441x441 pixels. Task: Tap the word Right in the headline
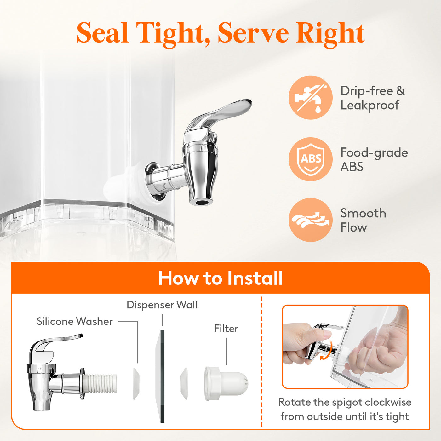[330, 34]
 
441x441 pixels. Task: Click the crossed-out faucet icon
[310, 97]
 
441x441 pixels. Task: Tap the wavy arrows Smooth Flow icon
[310, 220]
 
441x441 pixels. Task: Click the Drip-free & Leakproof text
[372, 98]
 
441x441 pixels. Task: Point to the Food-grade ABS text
[374, 159]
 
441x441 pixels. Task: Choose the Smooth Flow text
[363, 220]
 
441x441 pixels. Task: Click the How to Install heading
[220, 278]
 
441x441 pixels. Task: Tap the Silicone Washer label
[75, 322]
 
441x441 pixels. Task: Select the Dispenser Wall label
[162, 305]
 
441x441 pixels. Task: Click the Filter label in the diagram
[226, 329]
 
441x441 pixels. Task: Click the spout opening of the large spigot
[201, 202]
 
